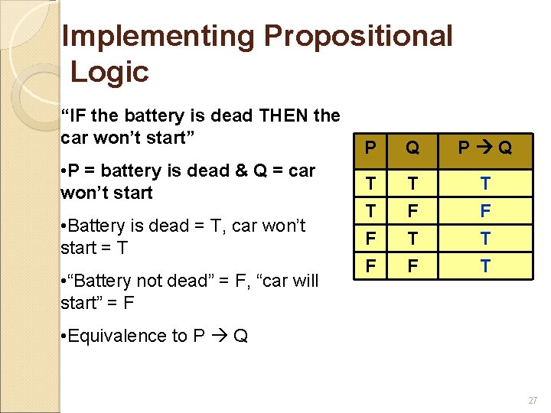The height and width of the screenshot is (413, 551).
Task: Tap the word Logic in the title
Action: (x=109, y=72)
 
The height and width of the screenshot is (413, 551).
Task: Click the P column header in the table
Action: (x=370, y=148)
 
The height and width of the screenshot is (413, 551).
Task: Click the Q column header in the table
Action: (x=412, y=148)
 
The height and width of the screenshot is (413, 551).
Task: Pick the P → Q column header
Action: (x=484, y=148)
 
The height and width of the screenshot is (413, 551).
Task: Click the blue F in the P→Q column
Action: (x=484, y=210)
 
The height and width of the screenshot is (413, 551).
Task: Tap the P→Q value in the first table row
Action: (x=484, y=182)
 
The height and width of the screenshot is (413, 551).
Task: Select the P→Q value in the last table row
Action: (x=484, y=266)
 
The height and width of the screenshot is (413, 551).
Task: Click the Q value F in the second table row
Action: (x=412, y=210)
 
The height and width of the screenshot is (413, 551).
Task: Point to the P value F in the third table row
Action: (x=370, y=238)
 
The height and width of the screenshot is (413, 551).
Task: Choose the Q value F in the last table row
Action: (x=412, y=266)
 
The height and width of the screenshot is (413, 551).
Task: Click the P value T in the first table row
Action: (x=370, y=182)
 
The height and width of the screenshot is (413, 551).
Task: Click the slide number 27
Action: (x=533, y=400)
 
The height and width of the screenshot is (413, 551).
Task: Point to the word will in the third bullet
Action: (x=303, y=281)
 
